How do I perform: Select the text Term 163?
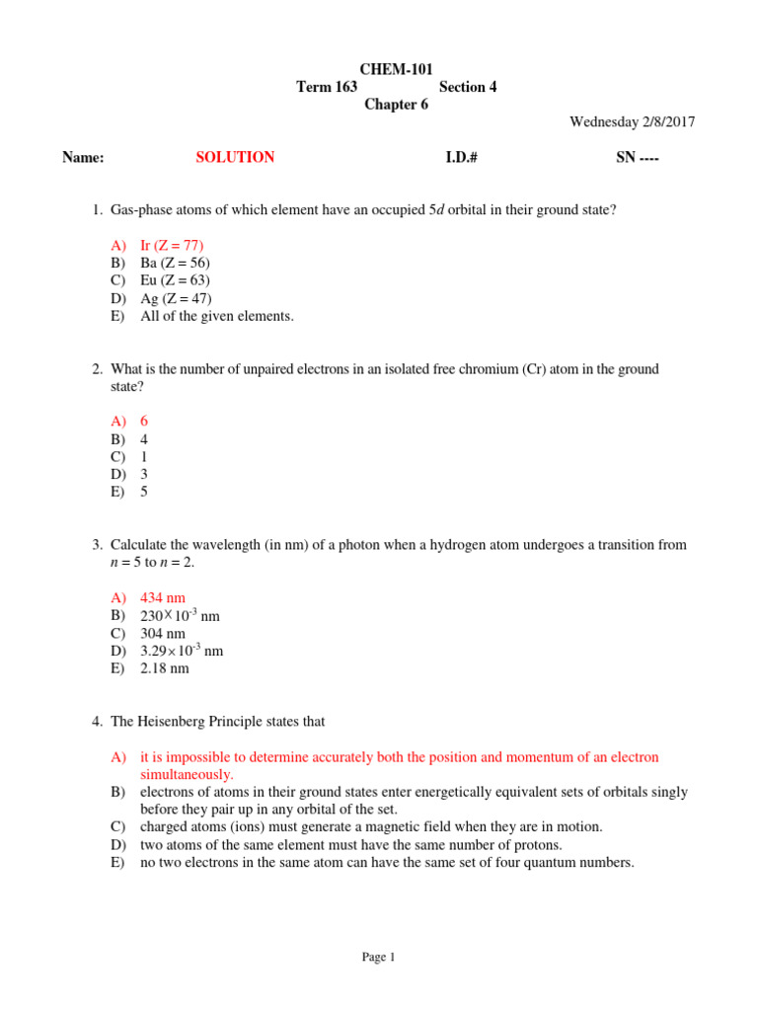tap(327, 87)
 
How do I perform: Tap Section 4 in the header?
tap(468, 87)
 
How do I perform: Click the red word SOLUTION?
tap(235, 157)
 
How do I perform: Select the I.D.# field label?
tap(461, 157)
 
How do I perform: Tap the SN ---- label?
tap(637, 157)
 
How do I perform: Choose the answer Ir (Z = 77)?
tap(172, 245)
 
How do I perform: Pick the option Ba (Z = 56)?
tap(175, 263)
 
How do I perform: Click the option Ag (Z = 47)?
tap(176, 298)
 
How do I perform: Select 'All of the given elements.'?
tap(217, 316)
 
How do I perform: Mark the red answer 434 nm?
tap(163, 597)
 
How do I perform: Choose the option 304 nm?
tap(163, 633)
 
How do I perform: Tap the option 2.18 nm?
tap(165, 668)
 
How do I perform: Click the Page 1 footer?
tap(378, 957)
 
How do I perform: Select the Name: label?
tap(83, 157)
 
